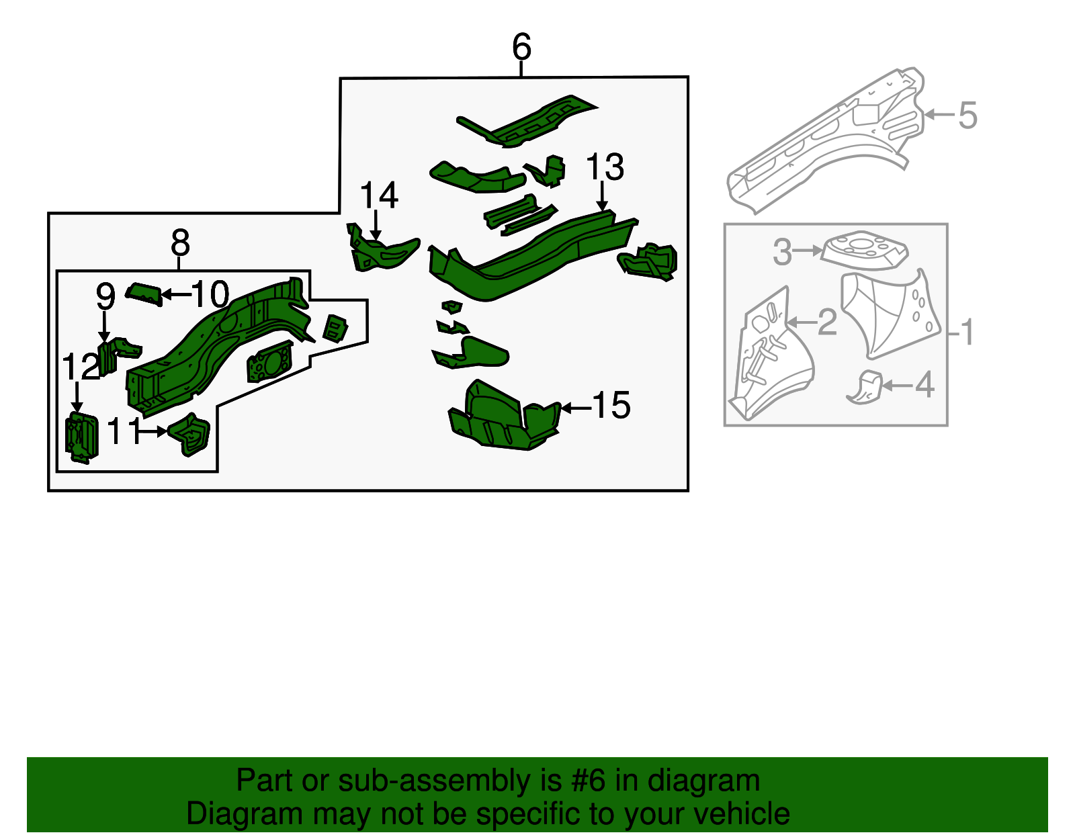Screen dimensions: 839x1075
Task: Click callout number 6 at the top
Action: (x=521, y=47)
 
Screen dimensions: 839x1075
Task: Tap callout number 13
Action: (x=605, y=167)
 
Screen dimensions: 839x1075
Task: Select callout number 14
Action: (x=379, y=195)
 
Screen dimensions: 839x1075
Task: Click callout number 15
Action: (x=611, y=406)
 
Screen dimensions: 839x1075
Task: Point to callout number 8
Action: (x=180, y=242)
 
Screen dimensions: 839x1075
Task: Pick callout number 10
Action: (x=210, y=294)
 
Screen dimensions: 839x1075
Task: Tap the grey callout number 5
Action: (x=967, y=116)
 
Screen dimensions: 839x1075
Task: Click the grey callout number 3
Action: (x=782, y=252)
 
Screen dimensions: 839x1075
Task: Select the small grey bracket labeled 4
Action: (x=865, y=387)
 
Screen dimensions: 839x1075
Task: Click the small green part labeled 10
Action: (x=144, y=294)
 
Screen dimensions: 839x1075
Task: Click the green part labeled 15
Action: (x=501, y=420)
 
